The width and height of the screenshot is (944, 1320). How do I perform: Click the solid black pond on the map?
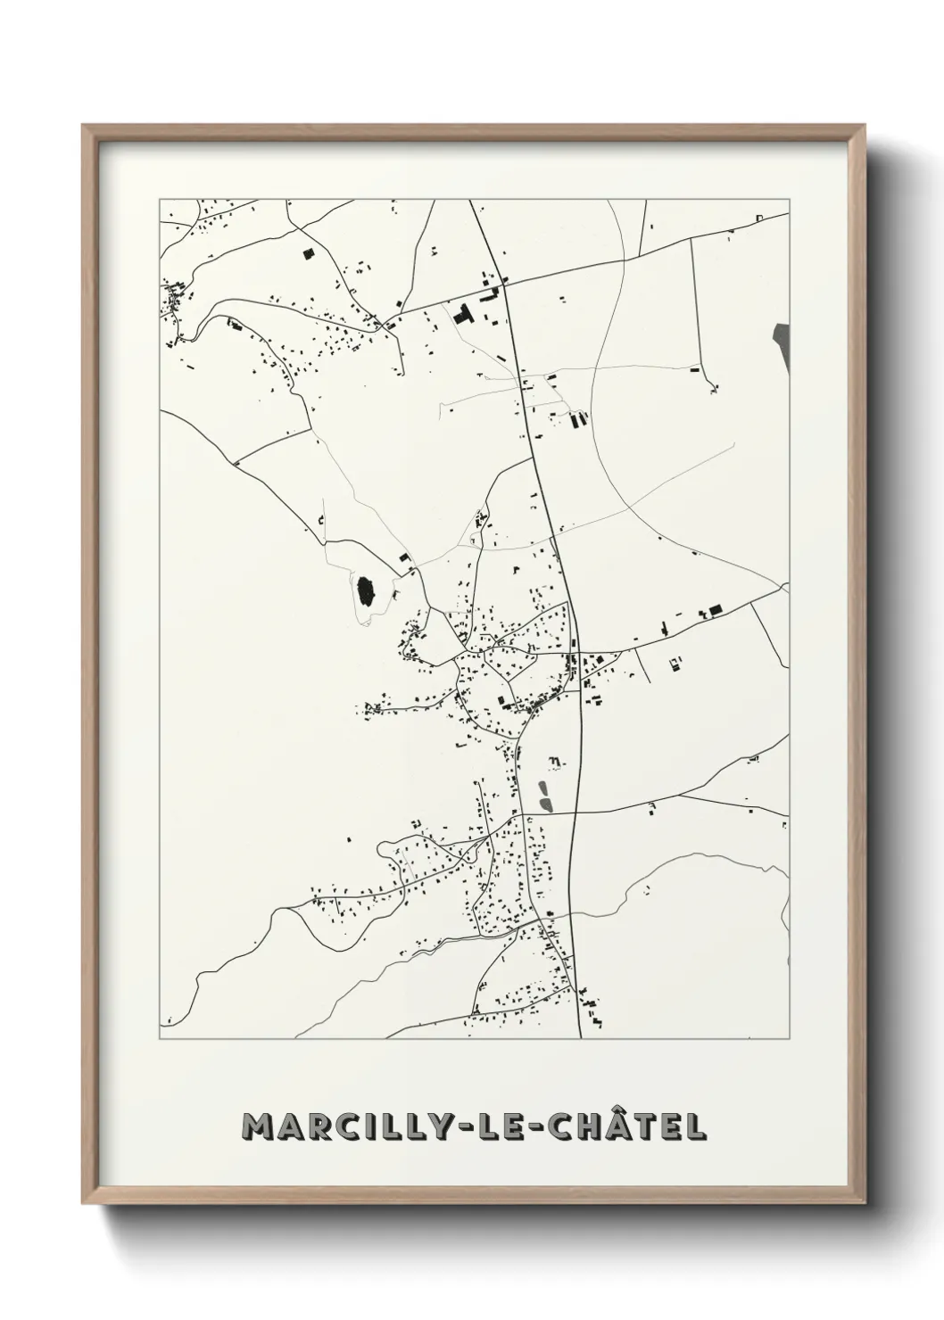point(364,590)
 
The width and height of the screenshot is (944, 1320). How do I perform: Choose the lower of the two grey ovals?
point(543,806)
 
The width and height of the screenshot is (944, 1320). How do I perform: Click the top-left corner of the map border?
point(160,199)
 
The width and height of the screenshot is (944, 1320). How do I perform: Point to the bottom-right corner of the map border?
point(789,1039)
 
